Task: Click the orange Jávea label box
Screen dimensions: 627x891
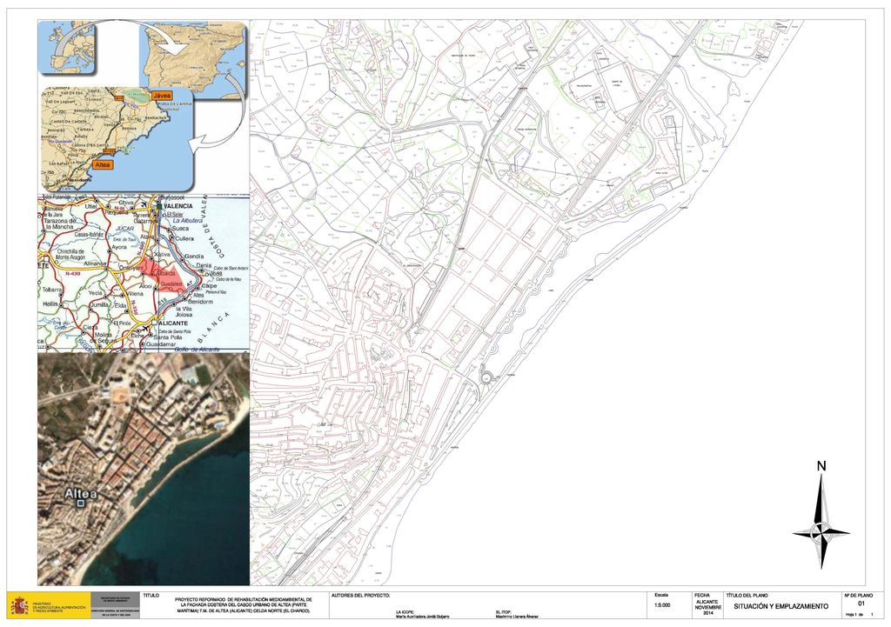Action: tap(162, 95)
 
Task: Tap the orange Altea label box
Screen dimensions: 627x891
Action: tap(102, 164)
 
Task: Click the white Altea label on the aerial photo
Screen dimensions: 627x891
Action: tap(80, 493)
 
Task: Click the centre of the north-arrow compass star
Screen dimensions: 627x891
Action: tap(821, 530)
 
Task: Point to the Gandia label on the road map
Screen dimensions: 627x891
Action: tap(193, 257)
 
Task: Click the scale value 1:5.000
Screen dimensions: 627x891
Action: tap(661, 606)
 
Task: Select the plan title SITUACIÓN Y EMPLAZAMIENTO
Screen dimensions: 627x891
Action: tap(775, 606)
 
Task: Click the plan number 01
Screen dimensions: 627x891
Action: tap(861, 603)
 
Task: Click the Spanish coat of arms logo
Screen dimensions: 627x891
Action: tap(18, 605)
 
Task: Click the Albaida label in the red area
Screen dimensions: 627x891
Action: tap(165, 273)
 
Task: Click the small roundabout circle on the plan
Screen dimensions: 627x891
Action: tap(487, 376)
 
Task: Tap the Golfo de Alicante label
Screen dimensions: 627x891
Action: tap(197, 348)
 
